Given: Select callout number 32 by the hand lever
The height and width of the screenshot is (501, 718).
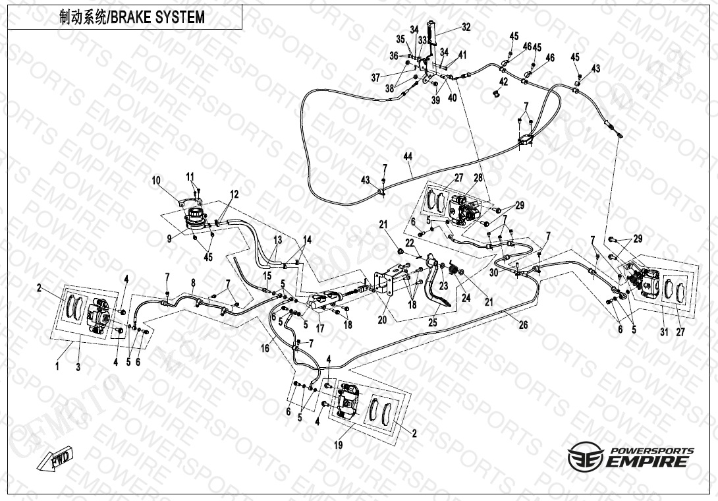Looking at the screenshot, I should pyautogui.click(x=466, y=28).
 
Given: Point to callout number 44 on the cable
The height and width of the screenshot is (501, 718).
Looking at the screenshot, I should pyautogui.click(x=408, y=156).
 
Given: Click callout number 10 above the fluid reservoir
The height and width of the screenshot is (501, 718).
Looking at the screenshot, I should pyautogui.click(x=156, y=180).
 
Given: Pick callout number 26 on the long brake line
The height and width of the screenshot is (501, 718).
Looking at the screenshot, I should pyautogui.click(x=523, y=324).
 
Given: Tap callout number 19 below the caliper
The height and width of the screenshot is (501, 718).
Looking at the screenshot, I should pyautogui.click(x=338, y=446).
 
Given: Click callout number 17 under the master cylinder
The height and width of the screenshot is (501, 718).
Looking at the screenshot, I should pyautogui.click(x=320, y=327).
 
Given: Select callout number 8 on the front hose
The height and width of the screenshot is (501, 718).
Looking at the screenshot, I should pyautogui.click(x=193, y=283).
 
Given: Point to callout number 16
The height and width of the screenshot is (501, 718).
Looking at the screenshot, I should pyautogui.click(x=264, y=348).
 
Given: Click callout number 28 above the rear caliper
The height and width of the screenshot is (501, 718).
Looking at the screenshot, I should pyautogui.click(x=478, y=178).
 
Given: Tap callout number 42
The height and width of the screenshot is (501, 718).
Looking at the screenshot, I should pyautogui.click(x=503, y=82).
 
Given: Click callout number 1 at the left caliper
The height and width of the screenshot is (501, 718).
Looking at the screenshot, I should pyautogui.click(x=57, y=367).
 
